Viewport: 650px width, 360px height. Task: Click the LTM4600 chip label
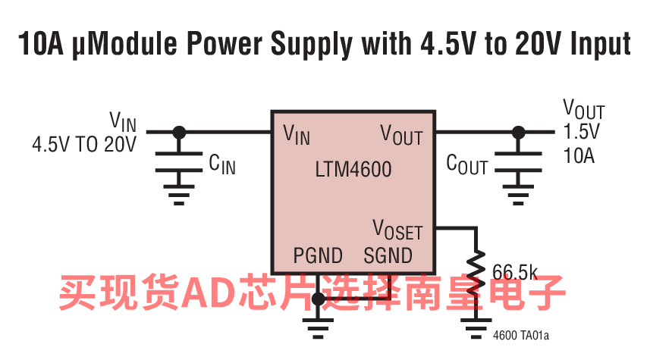(x=353, y=169)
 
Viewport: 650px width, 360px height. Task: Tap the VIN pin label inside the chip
(x=296, y=135)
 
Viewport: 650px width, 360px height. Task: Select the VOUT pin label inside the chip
(x=401, y=135)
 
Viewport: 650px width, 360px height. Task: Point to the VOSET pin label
(x=397, y=230)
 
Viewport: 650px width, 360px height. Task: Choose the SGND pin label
(x=388, y=255)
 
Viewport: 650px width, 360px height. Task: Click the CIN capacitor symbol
(x=179, y=161)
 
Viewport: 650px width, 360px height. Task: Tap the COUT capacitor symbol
(x=518, y=161)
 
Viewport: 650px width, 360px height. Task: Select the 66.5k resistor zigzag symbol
(x=477, y=270)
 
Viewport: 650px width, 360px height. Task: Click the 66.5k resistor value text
(x=515, y=271)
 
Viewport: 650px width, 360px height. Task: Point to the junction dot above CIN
(x=179, y=132)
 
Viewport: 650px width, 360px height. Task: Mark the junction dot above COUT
(x=518, y=132)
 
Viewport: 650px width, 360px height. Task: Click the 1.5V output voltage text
(x=581, y=131)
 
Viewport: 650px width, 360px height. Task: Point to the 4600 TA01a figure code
(x=520, y=334)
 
